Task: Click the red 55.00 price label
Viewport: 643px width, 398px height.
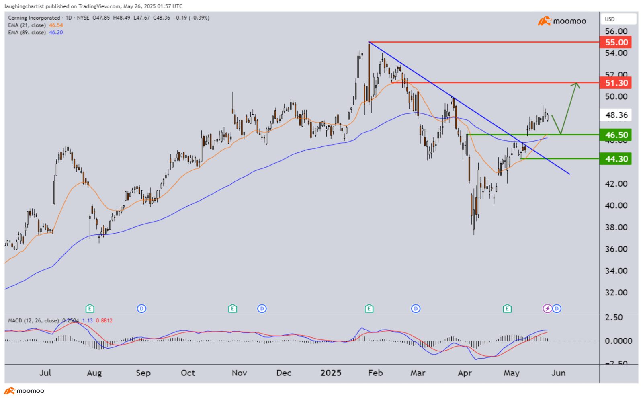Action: coord(615,42)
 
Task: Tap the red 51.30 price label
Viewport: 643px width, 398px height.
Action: coord(615,83)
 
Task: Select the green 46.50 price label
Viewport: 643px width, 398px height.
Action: coord(615,135)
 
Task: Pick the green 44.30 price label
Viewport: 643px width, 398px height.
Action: coord(615,159)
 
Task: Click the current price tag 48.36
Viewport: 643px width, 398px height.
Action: coord(616,115)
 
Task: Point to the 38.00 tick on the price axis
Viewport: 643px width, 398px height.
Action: coord(616,227)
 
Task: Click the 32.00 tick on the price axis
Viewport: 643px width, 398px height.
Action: coord(616,293)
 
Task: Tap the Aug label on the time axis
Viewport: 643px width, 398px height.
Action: coord(94,373)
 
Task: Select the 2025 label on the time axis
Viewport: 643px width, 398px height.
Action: coord(331,373)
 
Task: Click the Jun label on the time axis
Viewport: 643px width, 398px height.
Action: coord(559,373)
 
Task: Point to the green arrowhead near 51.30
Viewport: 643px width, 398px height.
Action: coord(577,84)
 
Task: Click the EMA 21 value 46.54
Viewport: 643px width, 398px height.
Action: coord(56,25)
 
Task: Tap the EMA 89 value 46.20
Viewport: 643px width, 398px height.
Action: coord(56,32)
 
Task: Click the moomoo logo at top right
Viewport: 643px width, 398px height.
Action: coord(562,21)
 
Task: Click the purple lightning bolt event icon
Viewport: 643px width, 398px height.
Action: coord(547,308)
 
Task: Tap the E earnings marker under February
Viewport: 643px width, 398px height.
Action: coord(369,308)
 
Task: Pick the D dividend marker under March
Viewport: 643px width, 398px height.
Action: coord(416,308)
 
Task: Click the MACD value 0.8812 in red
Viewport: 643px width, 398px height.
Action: coord(104,320)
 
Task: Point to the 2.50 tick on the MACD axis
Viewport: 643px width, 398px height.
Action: coord(614,318)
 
